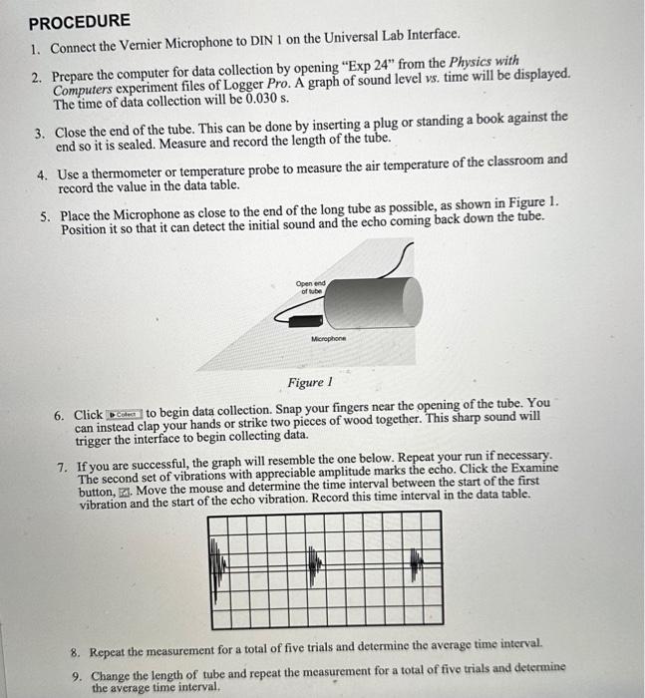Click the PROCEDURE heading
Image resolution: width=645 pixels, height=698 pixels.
click(x=79, y=21)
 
